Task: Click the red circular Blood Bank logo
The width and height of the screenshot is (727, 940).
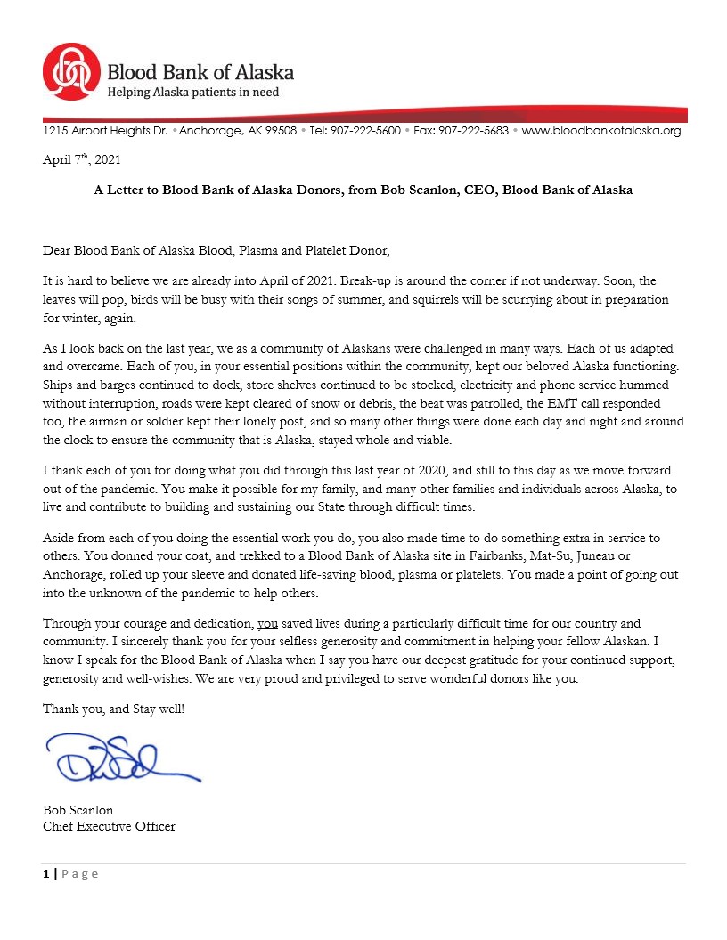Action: click(x=71, y=72)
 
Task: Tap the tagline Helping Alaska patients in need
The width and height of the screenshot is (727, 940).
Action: click(x=193, y=93)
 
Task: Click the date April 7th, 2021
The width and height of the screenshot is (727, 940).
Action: click(x=81, y=160)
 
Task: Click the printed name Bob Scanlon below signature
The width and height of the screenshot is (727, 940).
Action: click(x=78, y=810)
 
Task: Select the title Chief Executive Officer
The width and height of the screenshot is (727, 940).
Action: click(x=109, y=826)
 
